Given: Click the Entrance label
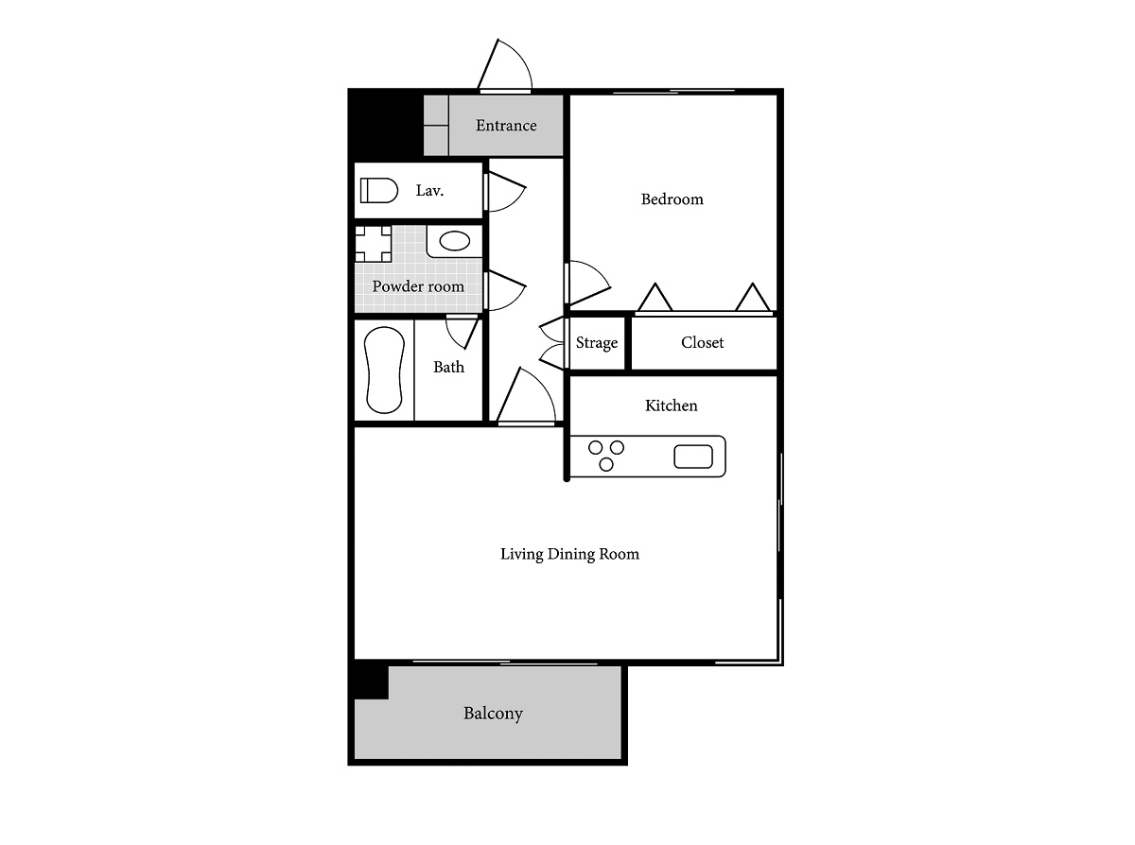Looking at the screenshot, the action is pos(506,126).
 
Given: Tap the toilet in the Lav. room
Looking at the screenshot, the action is pos(378,190).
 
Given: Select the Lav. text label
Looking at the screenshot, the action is pos(429,190).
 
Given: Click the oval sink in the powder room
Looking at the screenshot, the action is pos(454,241).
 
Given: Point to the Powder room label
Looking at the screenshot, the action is pos(418,286).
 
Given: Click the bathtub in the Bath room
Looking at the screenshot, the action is pos(384,370).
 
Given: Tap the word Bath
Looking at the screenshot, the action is pos(448,367).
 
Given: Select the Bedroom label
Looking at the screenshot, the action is pos(672,199).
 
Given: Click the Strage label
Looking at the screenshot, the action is pos(597,343).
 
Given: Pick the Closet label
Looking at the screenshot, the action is pos(702,342).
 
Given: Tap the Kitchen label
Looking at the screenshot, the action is pos(671,405).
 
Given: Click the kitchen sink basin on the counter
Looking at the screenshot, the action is pos(693,457).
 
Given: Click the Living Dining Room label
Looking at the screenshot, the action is pos(569,554).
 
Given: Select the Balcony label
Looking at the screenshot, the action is pos(493,714).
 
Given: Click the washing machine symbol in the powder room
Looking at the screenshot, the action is pos(374,244).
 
